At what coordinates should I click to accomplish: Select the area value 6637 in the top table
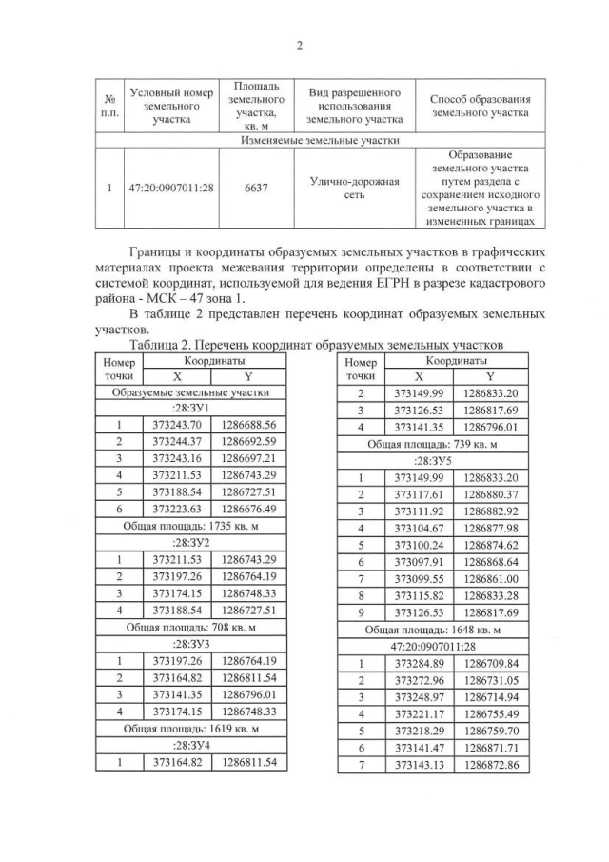tap(255, 189)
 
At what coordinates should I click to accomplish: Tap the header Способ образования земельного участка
tap(480, 105)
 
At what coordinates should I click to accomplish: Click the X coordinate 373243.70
tap(177, 425)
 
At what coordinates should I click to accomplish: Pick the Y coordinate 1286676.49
tap(248, 510)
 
